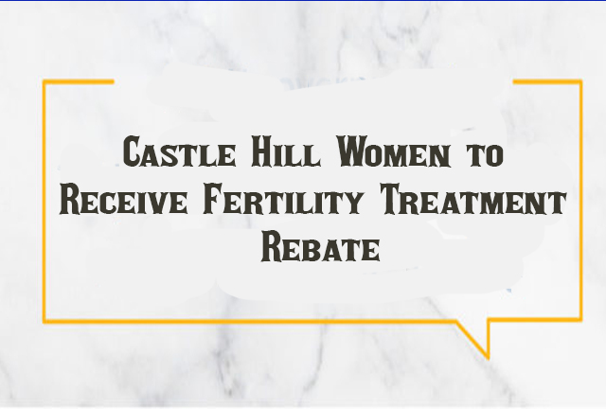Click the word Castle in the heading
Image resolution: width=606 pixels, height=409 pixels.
click(179, 151)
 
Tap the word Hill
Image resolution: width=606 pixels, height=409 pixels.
click(286, 151)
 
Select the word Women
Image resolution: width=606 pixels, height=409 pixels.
click(394, 151)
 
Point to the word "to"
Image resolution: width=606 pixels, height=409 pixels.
click(485, 154)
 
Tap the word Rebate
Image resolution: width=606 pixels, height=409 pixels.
click(320, 246)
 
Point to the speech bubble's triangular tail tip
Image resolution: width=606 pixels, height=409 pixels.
click(488, 357)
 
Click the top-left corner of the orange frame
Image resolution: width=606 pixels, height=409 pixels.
click(45, 81)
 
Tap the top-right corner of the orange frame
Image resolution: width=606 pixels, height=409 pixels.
click(580, 81)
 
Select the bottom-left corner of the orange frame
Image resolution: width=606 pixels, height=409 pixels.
click(45, 321)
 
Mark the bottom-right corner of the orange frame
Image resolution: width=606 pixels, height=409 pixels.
click(580, 320)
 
